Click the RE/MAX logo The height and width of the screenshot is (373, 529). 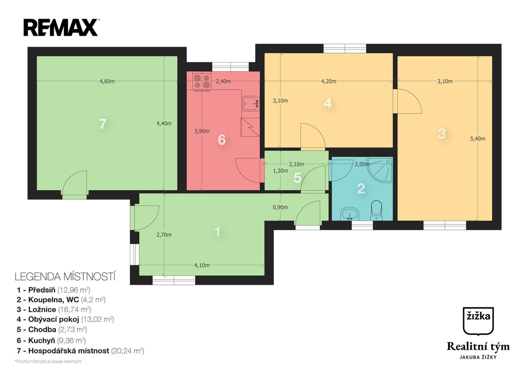coord(60,27)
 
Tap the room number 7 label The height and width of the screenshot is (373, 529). coord(103,124)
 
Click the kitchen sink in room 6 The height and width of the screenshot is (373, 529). coord(251,103)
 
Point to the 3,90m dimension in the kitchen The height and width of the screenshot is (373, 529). coord(202,131)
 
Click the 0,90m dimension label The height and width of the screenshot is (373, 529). coord(280,208)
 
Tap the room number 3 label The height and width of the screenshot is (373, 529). coord(441,134)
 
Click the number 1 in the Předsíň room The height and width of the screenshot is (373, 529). coord(217,232)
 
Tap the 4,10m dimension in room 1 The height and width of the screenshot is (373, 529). coord(202,265)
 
